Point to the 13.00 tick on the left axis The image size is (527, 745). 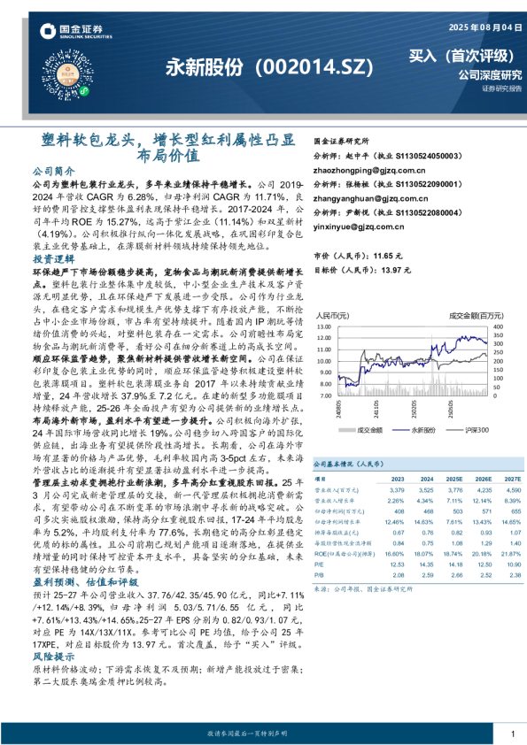pos(322,326)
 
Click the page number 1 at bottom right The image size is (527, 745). pos(512,733)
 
